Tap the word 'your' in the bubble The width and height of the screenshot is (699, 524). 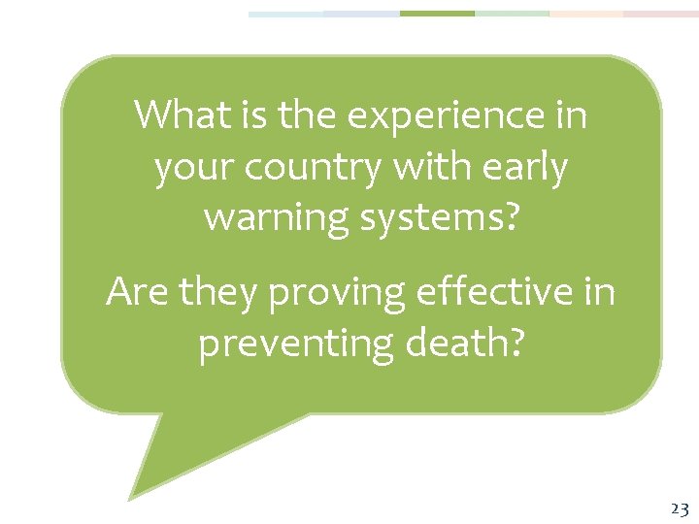point(193,169)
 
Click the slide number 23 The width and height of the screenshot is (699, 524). point(679,508)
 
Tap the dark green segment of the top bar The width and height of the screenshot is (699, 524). point(437,14)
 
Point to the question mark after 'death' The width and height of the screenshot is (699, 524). point(514,343)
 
